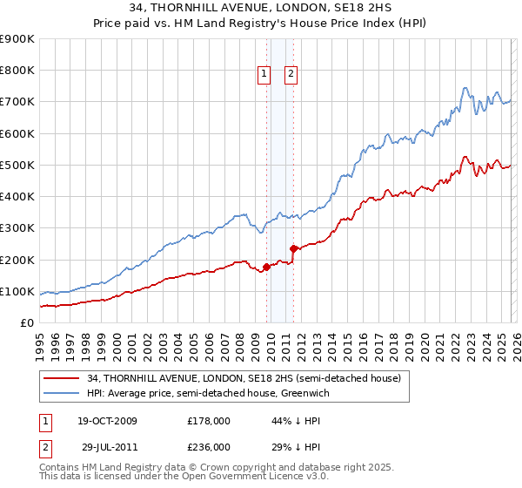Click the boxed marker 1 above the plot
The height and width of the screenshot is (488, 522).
pyautogui.click(x=264, y=74)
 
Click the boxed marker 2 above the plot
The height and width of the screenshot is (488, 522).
pyautogui.click(x=291, y=74)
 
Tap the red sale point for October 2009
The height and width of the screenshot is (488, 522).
pyautogui.click(x=266, y=267)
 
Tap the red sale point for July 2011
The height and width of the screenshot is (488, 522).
pyautogui.click(x=293, y=248)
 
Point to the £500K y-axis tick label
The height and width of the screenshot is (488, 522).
pyautogui.click(x=17, y=165)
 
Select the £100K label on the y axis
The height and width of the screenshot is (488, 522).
pyautogui.click(x=17, y=291)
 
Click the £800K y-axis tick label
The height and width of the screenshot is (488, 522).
pyautogui.click(x=17, y=71)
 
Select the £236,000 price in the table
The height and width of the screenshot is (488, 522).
pyautogui.click(x=209, y=446)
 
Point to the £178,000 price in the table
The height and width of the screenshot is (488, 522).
pyautogui.click(x=209, y=421)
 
